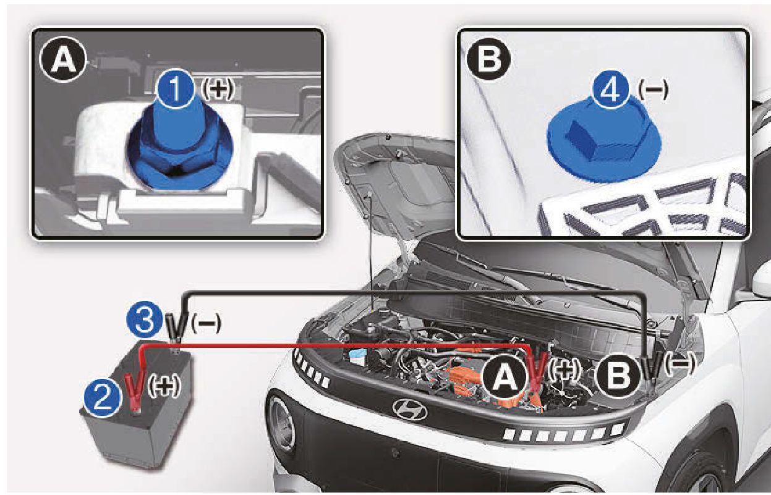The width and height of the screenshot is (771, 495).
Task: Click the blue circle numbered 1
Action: pyautogui.click(x=176, y=89)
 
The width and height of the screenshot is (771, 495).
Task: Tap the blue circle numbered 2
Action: pyautogui.click(x=102, y=399)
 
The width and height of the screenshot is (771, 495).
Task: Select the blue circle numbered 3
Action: pyautogui.click(x=145, y=320)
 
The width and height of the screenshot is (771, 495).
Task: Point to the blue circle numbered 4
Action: pyautogui.click(x=611, y=90)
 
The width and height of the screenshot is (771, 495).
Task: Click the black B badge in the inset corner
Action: pyautogui.click(x=488, y=59)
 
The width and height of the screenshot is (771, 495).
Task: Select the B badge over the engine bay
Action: pyautogui.click(x=618, y=376)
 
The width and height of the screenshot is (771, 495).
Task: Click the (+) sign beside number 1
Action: pyautogui.click(x=217, y=89)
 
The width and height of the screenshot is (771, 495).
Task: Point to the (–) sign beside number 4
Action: pyautogui.click(x=654, y=90)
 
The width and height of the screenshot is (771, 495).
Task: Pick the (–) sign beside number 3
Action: pyautogui.click(x=206, y=323)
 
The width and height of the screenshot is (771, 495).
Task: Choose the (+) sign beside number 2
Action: pyautogui.click(x=164, y=386)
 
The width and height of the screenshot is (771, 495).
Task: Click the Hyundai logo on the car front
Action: pyautogui.click(x=410, y=409)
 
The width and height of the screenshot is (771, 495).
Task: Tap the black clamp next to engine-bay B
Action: pyautogui.click(x=652, y=370)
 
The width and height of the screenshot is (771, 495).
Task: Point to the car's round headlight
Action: pyautogui.click(x=281, y=423)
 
